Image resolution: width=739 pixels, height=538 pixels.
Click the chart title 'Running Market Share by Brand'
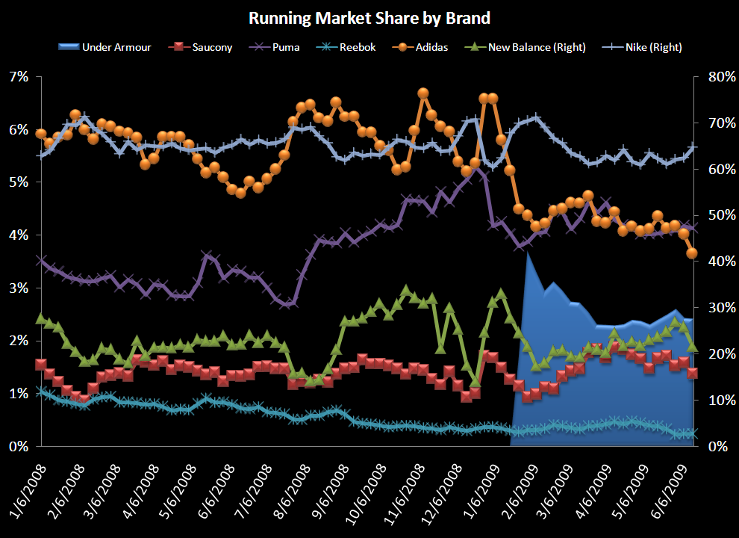click(x=369, y=17)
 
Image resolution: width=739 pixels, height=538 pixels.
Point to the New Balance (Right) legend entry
click(x=527, y=47)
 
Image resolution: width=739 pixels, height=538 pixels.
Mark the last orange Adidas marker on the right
click(x=692, y=253)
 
